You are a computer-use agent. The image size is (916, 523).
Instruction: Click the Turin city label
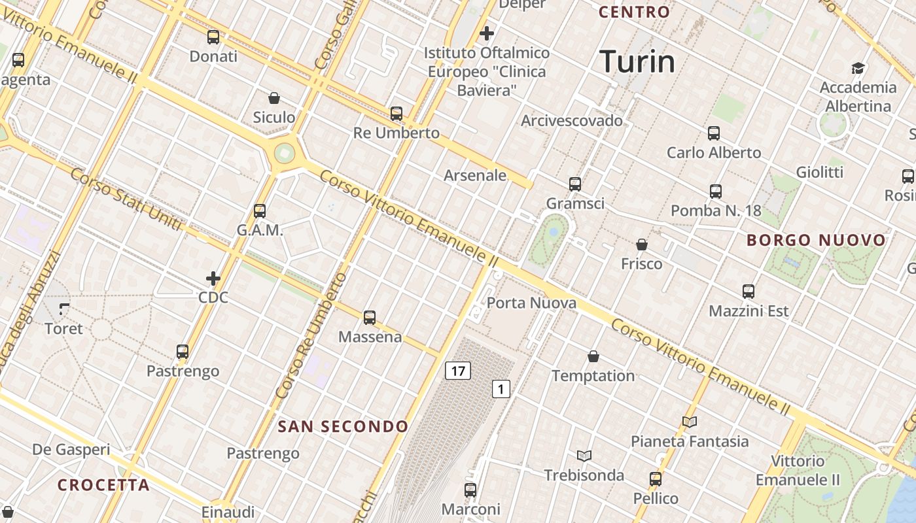[x=637, y=61]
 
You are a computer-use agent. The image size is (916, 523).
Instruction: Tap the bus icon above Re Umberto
[x=396, y=113]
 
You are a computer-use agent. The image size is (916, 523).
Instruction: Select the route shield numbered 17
[x=457, y=371]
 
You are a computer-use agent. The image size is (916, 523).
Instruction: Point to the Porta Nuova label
[x=531, y=303]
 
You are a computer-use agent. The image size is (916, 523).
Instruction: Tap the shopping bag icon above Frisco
[x=642, y=245]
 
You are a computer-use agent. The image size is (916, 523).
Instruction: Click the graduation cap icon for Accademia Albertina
[x=858, y=69]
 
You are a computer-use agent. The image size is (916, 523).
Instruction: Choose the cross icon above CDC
[x=213, y=278]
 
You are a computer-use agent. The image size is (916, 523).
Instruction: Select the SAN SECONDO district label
[x=343, y=427]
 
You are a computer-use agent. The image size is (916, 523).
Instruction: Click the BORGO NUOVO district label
[x=816, y=240]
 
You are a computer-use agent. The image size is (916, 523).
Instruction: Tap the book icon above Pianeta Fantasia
[x=690, y=422]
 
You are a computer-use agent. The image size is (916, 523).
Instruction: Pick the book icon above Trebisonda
[x=584, y=456]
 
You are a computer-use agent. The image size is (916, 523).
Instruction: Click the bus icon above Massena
[x=370, y=318]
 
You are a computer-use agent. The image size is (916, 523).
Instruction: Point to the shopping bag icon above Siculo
[x=274, y=98]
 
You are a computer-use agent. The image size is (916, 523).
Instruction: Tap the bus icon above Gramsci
[x=575, y=184]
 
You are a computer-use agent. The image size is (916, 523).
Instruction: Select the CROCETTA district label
[x=103, y=485]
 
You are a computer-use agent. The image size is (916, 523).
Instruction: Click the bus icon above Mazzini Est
[x=749, y=292]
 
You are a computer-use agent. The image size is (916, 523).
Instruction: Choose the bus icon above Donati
[x=213, y=37]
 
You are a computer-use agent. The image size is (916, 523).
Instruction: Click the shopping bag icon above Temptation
[x=593, y=356]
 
